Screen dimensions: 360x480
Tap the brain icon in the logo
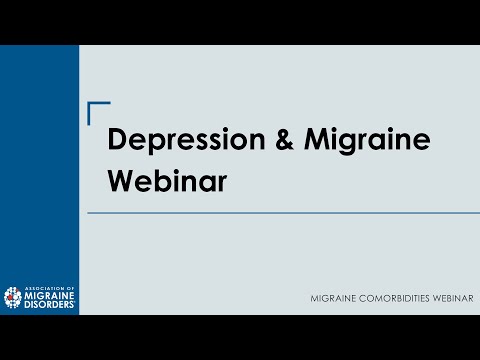tap(13, 296)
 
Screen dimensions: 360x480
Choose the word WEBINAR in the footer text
tap(451, 300)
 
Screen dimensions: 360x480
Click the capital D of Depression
tap(118, 141)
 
